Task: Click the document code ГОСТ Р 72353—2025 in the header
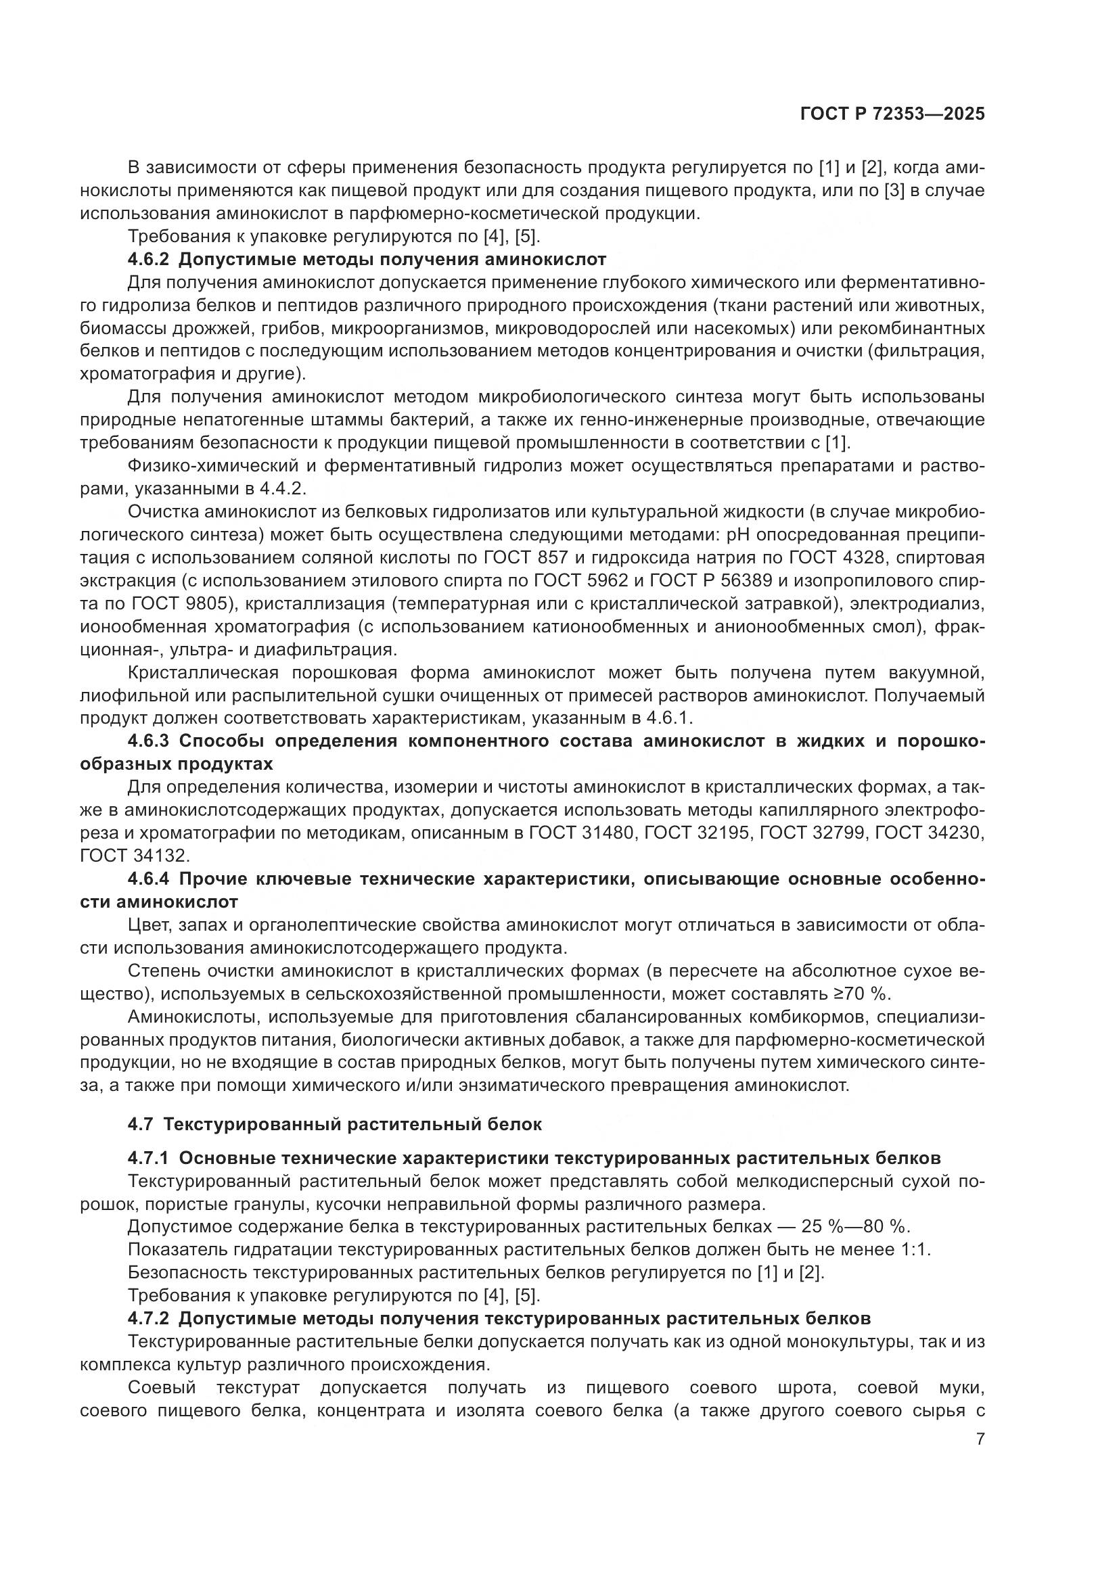(x=892, y=114)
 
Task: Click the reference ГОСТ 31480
(x=581, y=833)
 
